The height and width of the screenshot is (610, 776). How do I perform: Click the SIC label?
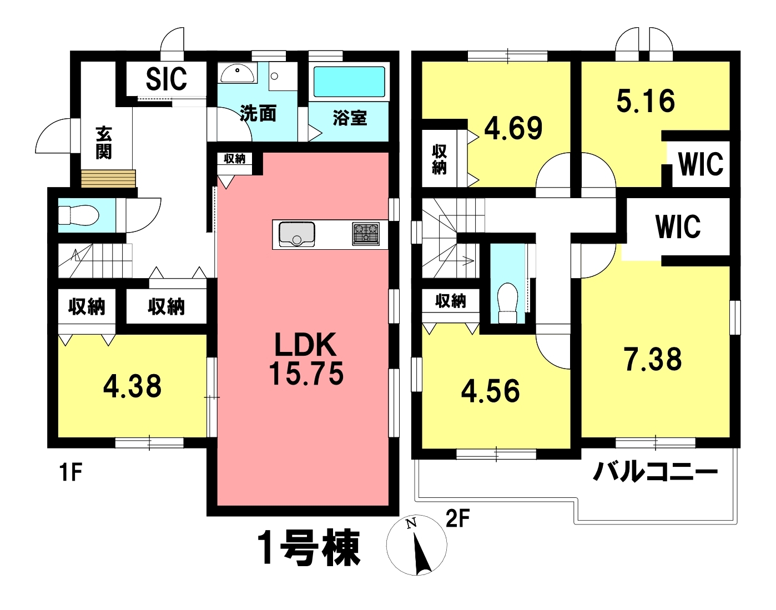point(166,79)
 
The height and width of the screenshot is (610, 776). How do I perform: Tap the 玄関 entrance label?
point(104,143)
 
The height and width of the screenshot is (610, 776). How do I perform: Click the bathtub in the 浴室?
point(349,82)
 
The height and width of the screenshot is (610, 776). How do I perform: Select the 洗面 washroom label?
point(258,113)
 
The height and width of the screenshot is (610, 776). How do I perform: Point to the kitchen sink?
point(297,234)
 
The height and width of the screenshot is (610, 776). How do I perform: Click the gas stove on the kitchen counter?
point(366,234)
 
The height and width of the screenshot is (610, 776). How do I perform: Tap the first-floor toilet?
point(78,215)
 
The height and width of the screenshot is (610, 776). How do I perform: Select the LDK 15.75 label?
point(306,359)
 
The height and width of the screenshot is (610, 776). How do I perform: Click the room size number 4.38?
point(132,386)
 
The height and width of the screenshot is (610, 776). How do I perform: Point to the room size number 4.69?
point(513,128)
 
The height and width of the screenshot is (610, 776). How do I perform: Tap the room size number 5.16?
point(646,101)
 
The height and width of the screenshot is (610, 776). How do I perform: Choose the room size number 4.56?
point(490,391)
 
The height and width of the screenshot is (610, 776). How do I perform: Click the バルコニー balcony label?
point(655,472)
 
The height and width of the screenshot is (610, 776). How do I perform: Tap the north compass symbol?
point(416,545)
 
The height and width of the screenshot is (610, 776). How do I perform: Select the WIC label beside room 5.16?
point(701,164)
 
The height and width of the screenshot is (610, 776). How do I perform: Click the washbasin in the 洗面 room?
point(237,74)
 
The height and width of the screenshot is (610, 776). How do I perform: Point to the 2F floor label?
point(457,519)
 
